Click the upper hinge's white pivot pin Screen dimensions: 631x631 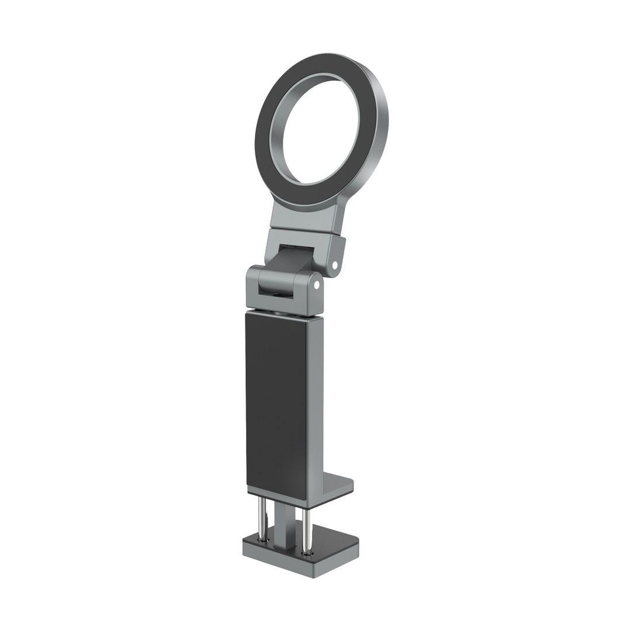pos(335,265)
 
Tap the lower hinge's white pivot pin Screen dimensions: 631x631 pos(317,285)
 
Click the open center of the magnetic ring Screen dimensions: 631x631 pos(320,132)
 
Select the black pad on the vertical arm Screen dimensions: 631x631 pos(275,403)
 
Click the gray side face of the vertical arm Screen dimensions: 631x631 pos(314,403)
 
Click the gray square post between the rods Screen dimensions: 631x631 pos(283,523)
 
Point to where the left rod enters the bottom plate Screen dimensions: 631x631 pos(264,538)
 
